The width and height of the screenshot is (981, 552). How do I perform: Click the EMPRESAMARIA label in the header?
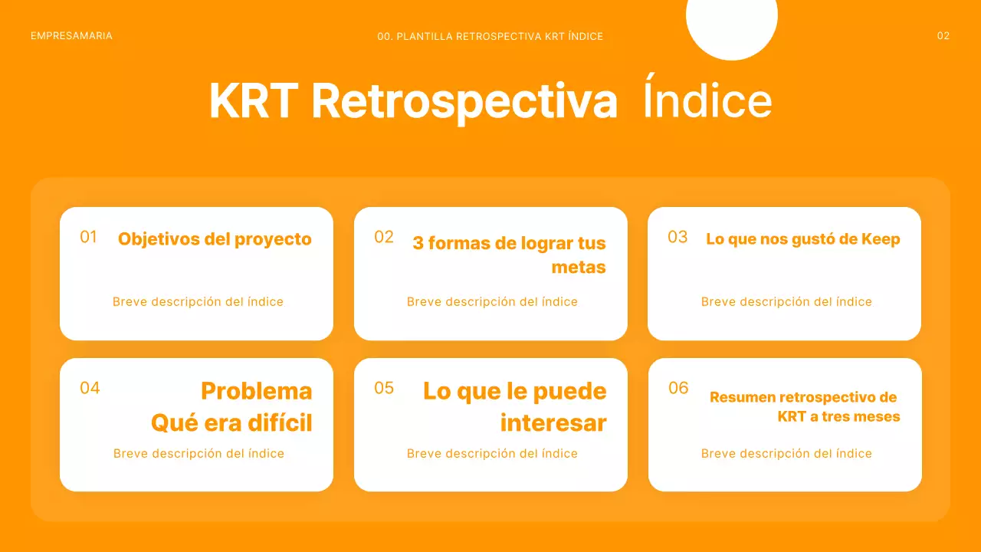[71, 36]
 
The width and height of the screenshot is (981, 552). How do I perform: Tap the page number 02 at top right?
[943, 36]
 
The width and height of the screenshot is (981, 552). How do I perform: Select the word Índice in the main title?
[707, 101]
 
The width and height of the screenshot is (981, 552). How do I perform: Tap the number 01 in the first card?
[89, 237]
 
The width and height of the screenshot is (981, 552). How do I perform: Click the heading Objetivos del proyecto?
[215, 239]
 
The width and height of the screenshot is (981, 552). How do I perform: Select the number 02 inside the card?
[384, 237]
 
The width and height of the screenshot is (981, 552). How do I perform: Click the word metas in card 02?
[579, 268]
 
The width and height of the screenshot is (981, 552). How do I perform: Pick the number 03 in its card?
[678, 237]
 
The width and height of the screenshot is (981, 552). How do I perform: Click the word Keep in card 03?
[881, 239]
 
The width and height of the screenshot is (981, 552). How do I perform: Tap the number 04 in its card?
[90, 388]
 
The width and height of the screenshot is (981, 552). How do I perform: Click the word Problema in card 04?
[256, 391]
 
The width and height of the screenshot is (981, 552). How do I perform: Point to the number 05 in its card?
[384, 388]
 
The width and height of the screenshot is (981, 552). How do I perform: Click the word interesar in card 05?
[553, 423]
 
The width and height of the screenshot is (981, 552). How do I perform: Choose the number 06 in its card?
[678, 388]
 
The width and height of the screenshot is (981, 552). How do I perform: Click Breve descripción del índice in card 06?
[786, 454]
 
